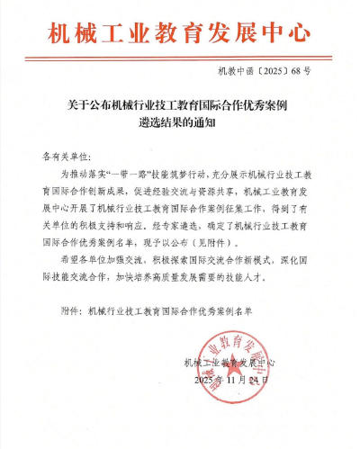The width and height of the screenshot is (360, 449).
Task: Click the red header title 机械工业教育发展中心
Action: (180, 33)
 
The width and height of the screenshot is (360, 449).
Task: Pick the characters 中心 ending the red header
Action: (288, 33)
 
